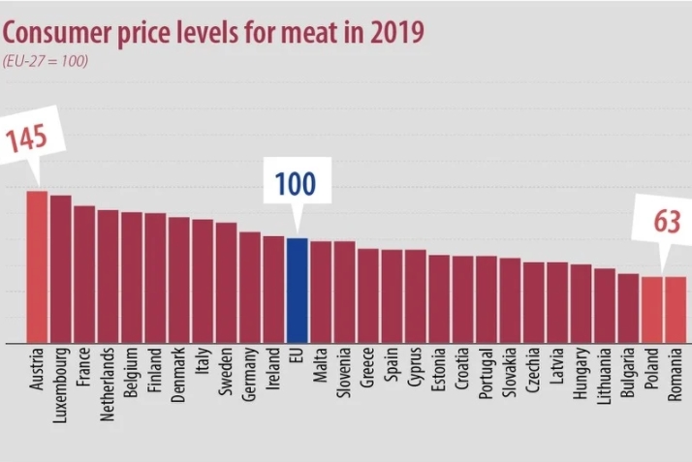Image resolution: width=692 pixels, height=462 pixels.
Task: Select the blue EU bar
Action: coord(298,290)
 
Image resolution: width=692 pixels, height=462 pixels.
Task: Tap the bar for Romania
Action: coord(676,309)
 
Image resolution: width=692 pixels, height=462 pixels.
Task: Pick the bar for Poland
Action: coord(652,309)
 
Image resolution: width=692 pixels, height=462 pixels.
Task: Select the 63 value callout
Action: coord(667,223)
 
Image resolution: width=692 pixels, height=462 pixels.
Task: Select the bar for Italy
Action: coord(203,281)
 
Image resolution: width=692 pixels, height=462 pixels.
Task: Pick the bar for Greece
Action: coord(368,295)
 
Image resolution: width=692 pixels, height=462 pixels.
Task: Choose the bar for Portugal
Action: coord(487,299)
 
